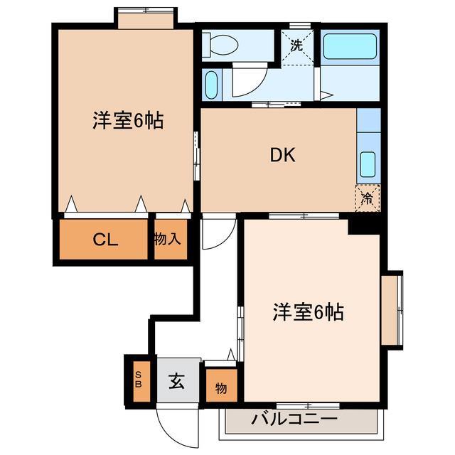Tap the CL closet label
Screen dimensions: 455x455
click(x=105, y=239)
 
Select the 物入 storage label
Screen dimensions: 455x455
click(x=168, y=239)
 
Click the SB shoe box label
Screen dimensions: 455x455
click(x=139, y=379)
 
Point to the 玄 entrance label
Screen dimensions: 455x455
click(x=176, y=382)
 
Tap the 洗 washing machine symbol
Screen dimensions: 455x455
click(x=297, y=44)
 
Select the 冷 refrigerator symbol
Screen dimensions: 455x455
click(x=368, y=197)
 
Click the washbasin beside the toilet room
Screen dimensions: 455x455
click(x=210, y=85)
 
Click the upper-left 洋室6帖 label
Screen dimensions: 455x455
click(x=127, y=121)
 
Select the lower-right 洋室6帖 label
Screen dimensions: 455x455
click(x=309, y=311)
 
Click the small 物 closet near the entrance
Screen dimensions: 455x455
click(x=221, y=388)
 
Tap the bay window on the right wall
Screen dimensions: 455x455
click(x=392, y=307)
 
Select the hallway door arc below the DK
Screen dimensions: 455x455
click(x=218, y=235)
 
